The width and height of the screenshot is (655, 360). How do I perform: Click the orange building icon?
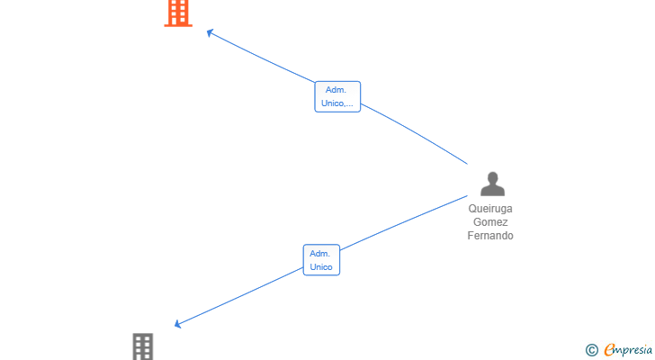(x=178, y=13)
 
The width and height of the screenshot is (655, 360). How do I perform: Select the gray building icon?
(x=143, y=346)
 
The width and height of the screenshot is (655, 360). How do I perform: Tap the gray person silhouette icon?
(x=492, y=184)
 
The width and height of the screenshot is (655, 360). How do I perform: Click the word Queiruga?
(x=490, y=209)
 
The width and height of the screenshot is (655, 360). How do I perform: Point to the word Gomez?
(x=490, y=222)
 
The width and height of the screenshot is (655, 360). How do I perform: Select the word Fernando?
(x=490, y=236)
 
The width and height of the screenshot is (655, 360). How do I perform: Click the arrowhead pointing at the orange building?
(x=211, y=32)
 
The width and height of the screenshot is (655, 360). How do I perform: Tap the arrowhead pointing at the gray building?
(x=177, y=324)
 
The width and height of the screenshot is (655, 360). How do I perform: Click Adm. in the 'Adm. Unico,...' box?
(x=336, y=90)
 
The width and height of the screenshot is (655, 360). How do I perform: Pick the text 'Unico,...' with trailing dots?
(x=337, y=103)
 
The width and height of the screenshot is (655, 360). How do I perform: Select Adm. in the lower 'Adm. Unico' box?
(x=320, y=254)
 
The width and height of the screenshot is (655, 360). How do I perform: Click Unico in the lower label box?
(x=321, y=267)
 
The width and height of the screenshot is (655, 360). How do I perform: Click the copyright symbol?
(x=591, y=350)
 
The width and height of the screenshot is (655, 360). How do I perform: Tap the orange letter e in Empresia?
(x=610, y=349)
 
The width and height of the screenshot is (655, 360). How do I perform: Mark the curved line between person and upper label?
(x=416, y=133)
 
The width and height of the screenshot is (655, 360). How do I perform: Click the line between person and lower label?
(x=403, y=222)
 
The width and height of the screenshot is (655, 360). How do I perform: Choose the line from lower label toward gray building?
(x=240, y=296)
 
